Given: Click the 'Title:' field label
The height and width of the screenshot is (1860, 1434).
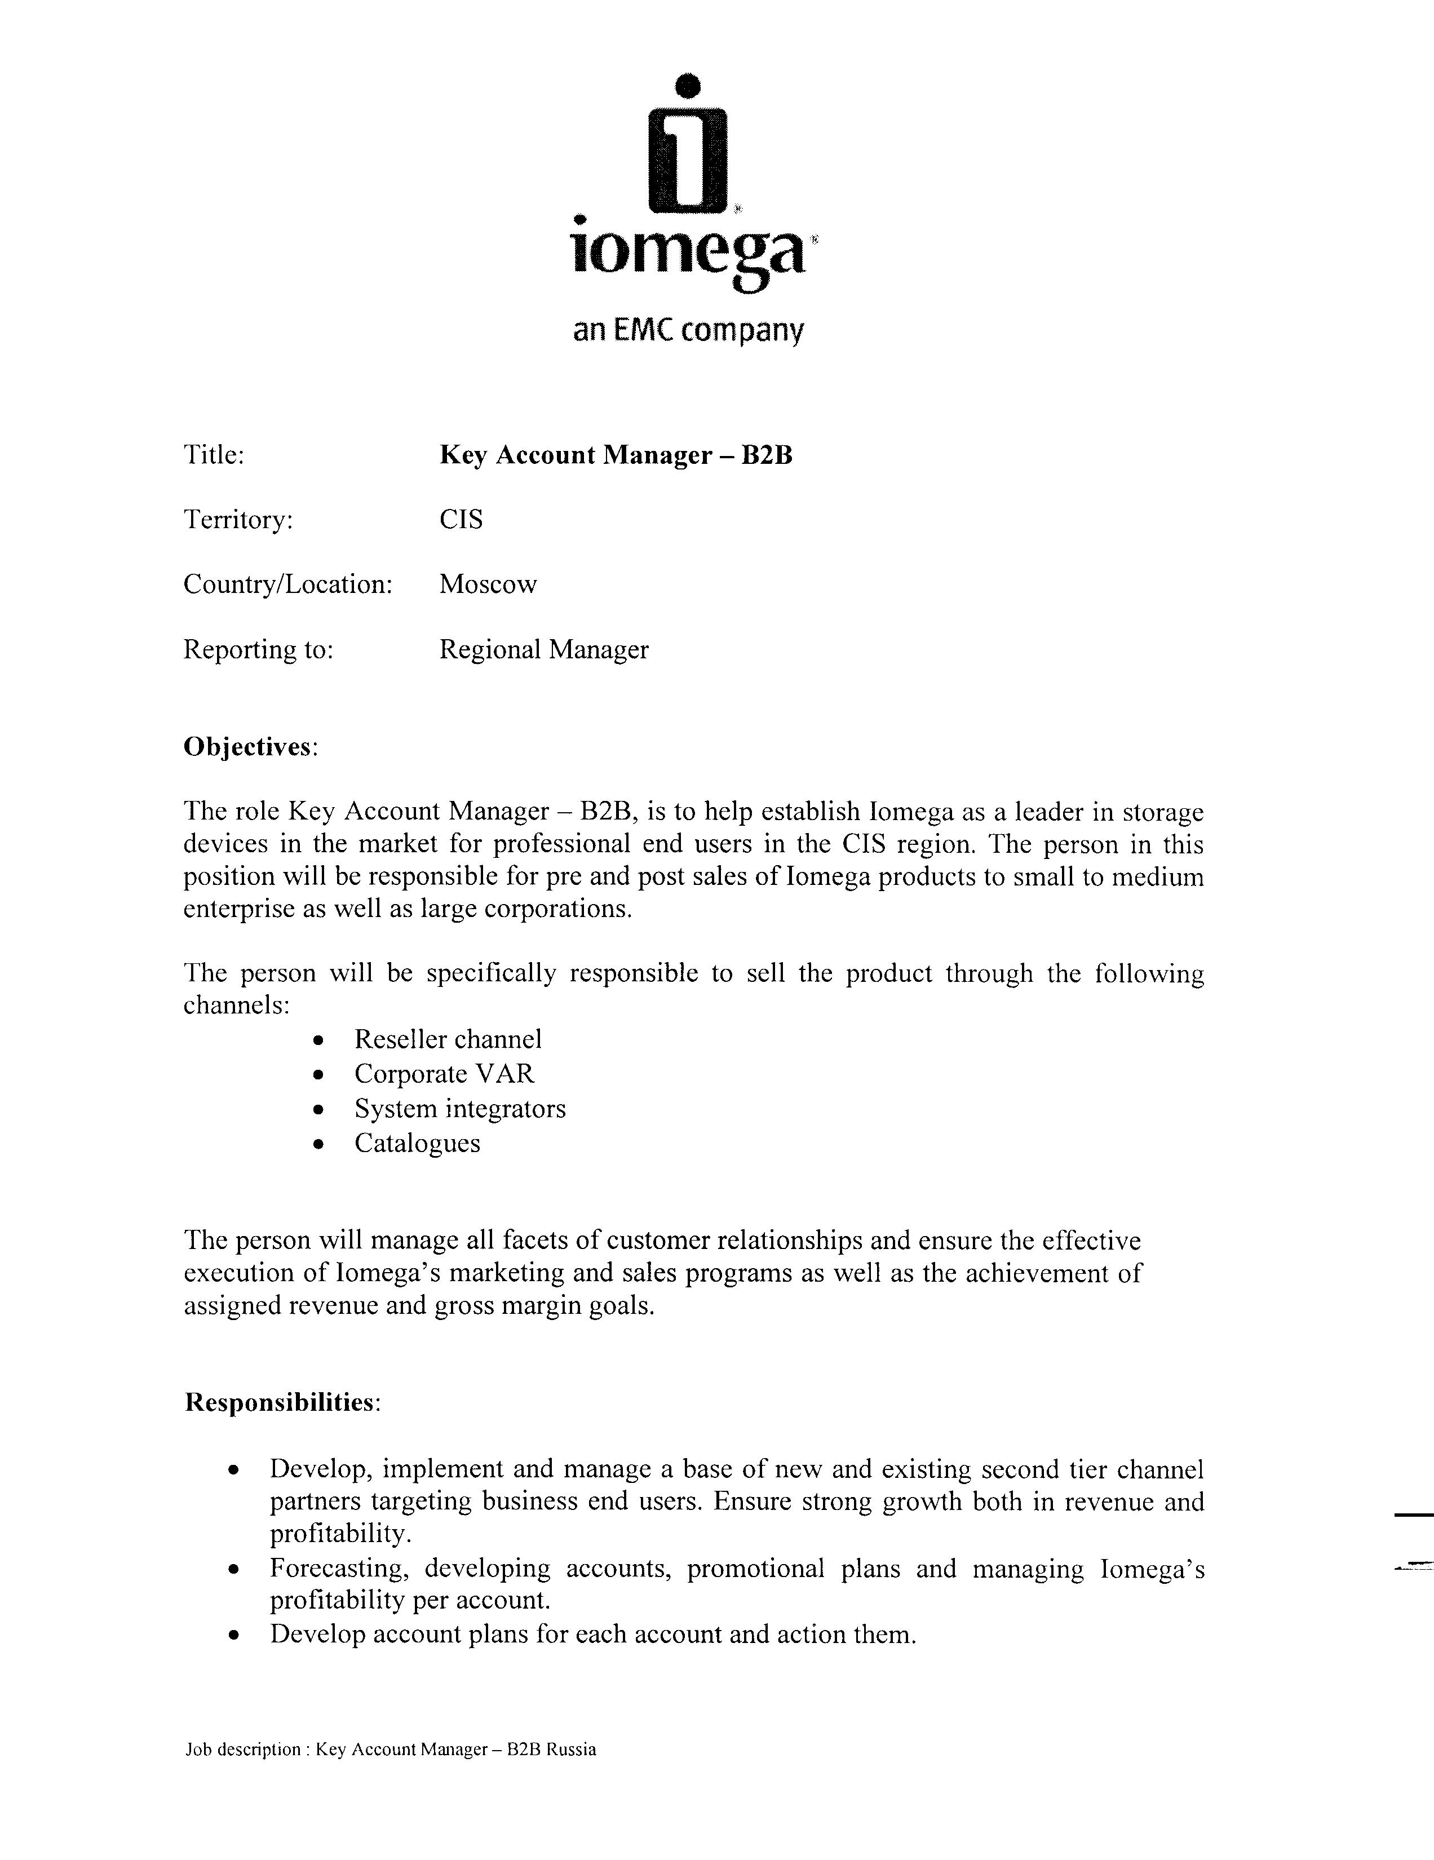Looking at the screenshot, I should click(214, 455).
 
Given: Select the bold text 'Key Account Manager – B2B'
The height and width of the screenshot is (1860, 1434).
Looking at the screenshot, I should click(616, 455).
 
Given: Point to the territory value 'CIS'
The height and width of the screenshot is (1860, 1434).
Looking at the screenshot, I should click(461, 520).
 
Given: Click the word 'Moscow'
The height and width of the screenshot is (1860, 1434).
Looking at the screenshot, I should click(488, 584).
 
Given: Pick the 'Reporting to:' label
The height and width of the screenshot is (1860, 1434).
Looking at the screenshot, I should click(258, 650).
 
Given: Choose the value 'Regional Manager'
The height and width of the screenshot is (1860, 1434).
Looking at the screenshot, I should click(543, 650).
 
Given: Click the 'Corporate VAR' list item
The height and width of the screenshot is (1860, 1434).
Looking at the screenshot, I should click(445, 1074).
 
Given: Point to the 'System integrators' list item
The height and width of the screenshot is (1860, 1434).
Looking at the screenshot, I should click(460, 1109).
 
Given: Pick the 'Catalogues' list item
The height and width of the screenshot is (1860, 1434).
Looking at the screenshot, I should click(417, 1143).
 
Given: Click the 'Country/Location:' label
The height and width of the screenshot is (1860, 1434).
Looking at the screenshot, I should click(288, 584).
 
